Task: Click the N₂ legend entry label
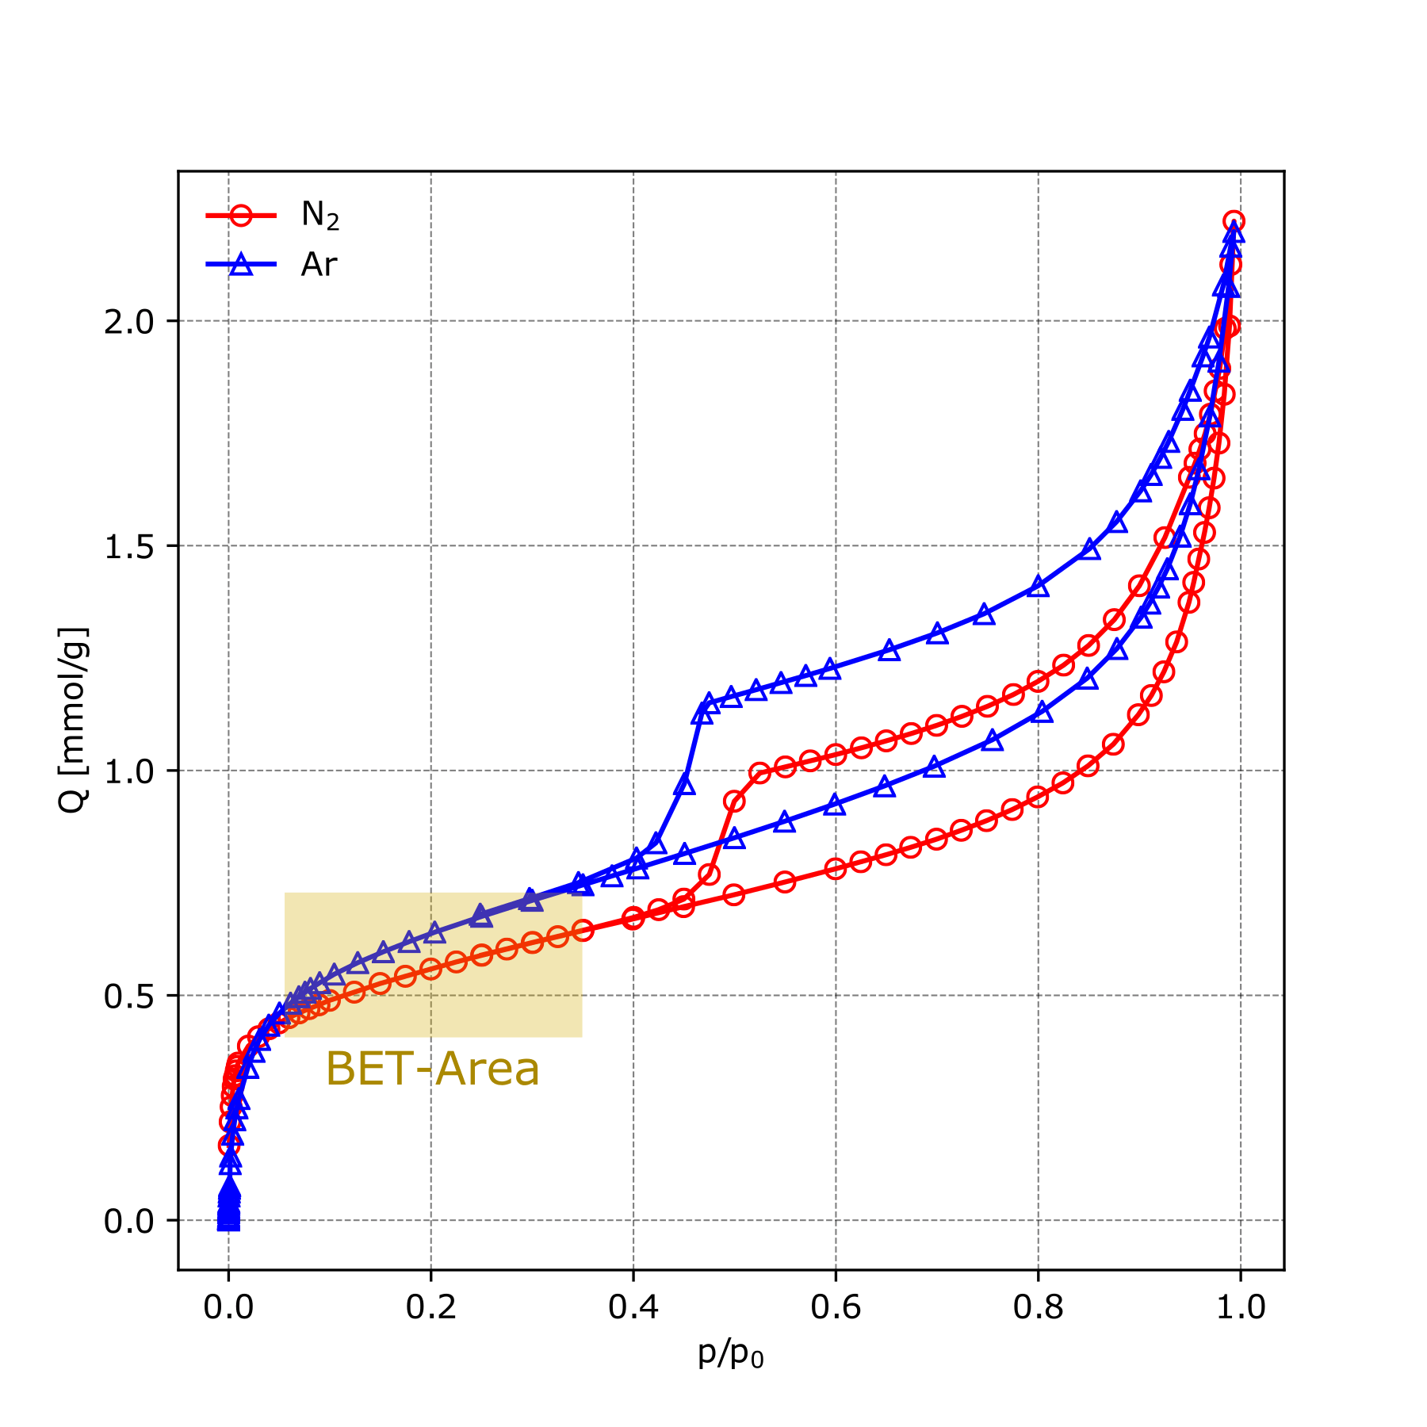coord(319,215)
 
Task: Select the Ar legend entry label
coord(319,265)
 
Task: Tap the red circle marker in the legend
coord(241,215)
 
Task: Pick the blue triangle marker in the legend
coord(241,265)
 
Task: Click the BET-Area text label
coord(432,1069)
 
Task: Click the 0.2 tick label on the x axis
coord(430,1307)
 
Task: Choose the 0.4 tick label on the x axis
coord(633,1307)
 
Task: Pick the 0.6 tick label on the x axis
coord(836,1307)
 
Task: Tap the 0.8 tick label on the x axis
coord(1038,1307)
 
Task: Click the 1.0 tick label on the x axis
coord(1240,1307)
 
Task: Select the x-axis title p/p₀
coord(730,1355)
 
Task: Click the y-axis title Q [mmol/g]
coord(73,720)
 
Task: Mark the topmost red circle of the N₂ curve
coord(1234,221)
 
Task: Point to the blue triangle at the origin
coord(228,1221)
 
